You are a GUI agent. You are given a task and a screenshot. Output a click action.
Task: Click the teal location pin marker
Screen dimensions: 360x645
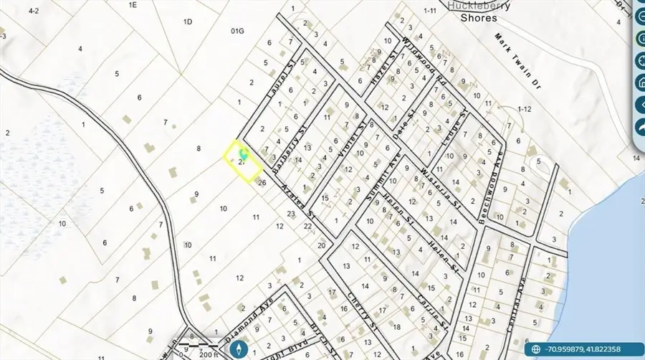coord(243,153)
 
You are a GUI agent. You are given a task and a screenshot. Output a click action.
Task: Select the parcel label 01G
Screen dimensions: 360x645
coord(238,31)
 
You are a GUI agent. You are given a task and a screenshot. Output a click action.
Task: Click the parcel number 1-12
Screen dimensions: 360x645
coord(524,108)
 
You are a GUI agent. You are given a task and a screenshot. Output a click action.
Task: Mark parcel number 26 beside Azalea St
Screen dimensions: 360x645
coord(262,183)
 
